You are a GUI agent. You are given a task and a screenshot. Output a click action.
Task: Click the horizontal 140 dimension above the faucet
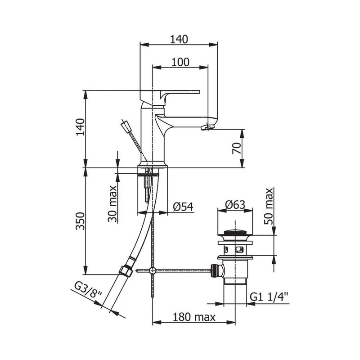pyautogui.click(x=179, y=39)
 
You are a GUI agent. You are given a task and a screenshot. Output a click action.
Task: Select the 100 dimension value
pyautogui.click(x=180, y=63)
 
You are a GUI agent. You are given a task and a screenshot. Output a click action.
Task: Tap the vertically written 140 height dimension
pyautogui.click(x=80, y=128)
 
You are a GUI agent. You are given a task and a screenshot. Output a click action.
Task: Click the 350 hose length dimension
pyautogui.click(x=80, y=220)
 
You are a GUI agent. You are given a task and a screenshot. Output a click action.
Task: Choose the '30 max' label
pyautogui.click(x=112, y=203)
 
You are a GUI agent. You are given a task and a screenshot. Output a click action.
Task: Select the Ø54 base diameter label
pyautogui.click(x=183, y=207)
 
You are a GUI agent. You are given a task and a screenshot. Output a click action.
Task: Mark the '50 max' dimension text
pyautogui.click(x=269, y=207)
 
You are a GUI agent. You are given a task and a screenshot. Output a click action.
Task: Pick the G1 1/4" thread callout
pyautogui.click(x=269, y=297)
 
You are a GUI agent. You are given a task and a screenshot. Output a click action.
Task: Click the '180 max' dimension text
pyautogui.click(x=194, y=317)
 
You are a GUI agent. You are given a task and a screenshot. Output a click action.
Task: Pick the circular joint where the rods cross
pyautogui.click(x=153, y=271)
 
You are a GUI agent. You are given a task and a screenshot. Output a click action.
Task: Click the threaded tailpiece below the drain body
pyautogui.click(x=234, y=292)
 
